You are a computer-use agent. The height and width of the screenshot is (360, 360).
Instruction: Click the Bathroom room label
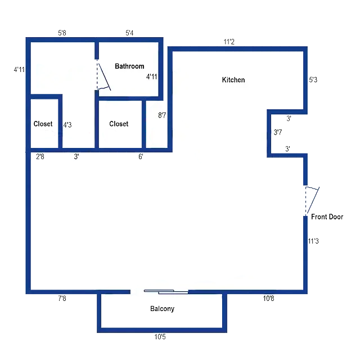click(x=129, y=66)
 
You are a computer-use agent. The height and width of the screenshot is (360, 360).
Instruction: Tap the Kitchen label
click(x=233, y=80)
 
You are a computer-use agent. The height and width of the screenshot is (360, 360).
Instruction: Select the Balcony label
click(x=163, y=309)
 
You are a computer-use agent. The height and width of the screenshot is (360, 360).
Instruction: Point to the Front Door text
click(x=327, y=217)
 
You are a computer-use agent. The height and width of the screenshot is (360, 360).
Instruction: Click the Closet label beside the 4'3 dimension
click(x=43, y=124)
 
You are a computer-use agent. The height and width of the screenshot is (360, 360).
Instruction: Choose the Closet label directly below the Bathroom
click(x=119, y=124)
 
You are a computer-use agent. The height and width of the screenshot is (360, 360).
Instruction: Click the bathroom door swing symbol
click(x=103, y=76)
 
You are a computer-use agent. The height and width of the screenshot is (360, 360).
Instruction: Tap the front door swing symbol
click(x=312, y=200)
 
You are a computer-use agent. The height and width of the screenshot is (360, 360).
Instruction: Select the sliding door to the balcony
click(x=166, y=292)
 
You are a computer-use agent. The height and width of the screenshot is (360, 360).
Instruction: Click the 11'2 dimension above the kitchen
click(x=229, y=42)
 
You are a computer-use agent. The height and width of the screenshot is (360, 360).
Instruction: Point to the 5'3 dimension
click(x=313, y=80)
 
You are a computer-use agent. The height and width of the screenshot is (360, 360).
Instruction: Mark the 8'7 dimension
click(x=162, y=115)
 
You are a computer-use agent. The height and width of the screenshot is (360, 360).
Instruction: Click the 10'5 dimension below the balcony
click(x=160, y=337)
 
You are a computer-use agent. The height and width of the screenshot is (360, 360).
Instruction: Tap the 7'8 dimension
click(x=62, y=298)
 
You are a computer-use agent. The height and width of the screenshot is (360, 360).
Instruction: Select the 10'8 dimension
click(x=268, y=298)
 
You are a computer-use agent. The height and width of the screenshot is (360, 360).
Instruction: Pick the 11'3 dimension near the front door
click(x=313, y=241)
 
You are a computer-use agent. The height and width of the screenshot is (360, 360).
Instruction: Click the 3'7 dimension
click(x=277, y=132)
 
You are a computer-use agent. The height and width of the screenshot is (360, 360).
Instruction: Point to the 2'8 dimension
click(x=40, y=156)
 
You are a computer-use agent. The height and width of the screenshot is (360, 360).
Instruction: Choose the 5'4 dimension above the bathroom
click(x=129, y=33)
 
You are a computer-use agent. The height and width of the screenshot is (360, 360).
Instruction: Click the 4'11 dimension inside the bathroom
click(x=151, y=76)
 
